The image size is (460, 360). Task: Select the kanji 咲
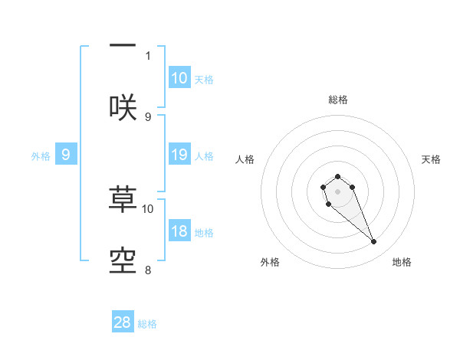[x=123, y=107]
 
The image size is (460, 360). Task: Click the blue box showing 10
[x=179, y=78]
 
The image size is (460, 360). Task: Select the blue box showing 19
[x=179, y=155]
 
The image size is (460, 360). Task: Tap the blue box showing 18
[x=179, y=231]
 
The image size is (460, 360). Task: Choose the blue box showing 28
[x=123, y=322]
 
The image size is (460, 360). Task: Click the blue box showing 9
[x=66, y=155]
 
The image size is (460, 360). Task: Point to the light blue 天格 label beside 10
[x=203, y=80]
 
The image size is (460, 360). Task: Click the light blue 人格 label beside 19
[x=203, y=156]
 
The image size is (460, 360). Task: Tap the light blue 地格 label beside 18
[x=203, y=233]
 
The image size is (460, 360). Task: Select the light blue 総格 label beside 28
[x=147, y=324]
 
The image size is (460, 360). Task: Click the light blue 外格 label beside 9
[x=41, y=156]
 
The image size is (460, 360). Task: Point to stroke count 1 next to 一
[x=148, y=55]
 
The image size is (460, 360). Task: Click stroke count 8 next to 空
[x=148, y=270]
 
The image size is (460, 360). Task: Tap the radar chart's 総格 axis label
[x=337, y=100]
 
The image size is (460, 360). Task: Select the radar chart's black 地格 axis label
[x=402, y=262]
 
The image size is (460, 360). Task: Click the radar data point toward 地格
[x=374, y=242]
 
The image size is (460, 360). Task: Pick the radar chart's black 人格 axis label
[x=245, y=159]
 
